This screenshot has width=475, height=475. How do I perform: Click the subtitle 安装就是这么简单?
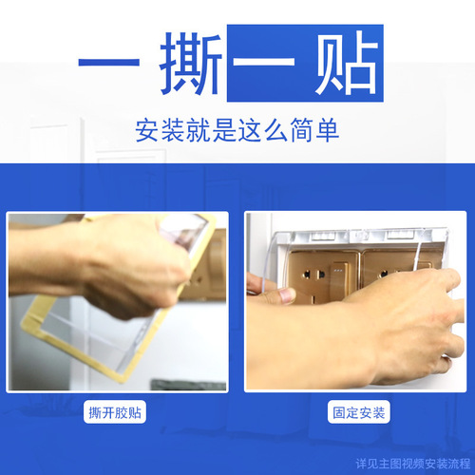[237, 129]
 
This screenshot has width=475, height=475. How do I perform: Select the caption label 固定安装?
[358, 413]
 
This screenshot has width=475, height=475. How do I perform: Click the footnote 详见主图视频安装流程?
[413, 464]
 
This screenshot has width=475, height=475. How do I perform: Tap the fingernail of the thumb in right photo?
[286, 295]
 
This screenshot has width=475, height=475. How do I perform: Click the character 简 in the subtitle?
[304, 129]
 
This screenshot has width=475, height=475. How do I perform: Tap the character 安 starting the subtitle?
[146, 129]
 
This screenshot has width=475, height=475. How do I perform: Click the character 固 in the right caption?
[338, 413]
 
